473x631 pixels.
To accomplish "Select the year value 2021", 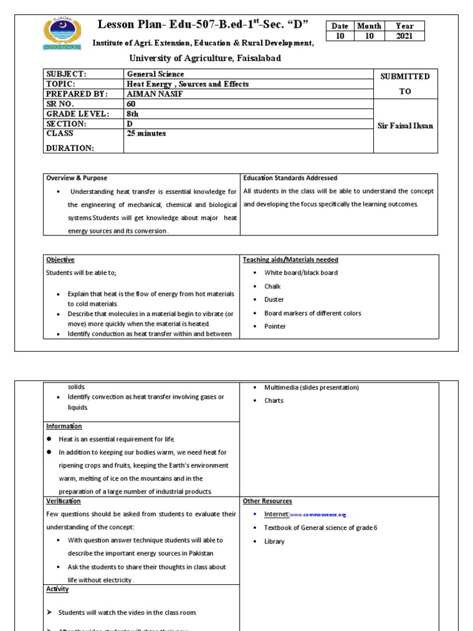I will (x=405, y=36).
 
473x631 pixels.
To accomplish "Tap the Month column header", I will (x=370, y=26).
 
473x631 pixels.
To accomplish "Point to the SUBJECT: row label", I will (x=67, y=74).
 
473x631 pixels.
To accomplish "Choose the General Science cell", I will (x=155, y=74).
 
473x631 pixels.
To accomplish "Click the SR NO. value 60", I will (x=131, y=104).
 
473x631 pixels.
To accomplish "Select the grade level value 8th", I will (x=132, y=114).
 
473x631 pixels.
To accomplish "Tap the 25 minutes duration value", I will (x=146, y=133).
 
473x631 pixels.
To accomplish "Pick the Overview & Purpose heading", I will (x=76, y=178).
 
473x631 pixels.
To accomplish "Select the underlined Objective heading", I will (x=60, y=260).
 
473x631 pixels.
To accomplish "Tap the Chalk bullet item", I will (x=273, y=287).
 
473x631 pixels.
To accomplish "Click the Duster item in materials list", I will (x=274, y=299).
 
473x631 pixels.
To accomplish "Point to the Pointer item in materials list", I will (x=275, y=326).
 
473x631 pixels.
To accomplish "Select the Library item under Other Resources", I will (x=275, y=541).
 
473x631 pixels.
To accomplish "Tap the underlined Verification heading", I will (x=63, y=501).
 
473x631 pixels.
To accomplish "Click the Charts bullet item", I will (x=274, y=401).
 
